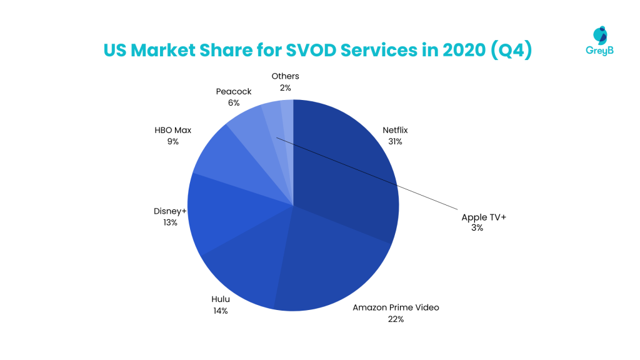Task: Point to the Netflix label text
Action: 395,131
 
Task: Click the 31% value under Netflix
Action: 395,142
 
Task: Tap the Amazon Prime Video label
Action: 396,307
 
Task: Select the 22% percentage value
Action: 396,319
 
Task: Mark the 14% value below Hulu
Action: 219,311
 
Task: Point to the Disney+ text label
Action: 170,211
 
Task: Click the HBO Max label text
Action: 172,131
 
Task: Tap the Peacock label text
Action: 234,91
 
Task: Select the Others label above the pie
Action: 285,76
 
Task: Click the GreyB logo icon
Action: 601,36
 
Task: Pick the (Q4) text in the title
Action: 511,50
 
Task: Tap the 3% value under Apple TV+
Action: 477,228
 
